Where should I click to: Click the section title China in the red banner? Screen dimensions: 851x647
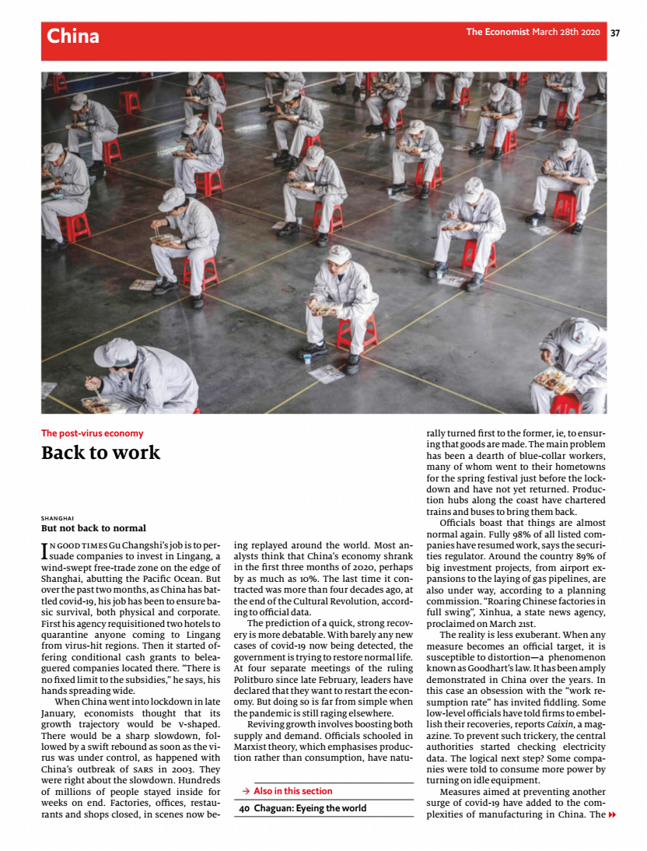73,36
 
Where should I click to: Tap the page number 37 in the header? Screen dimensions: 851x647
615,33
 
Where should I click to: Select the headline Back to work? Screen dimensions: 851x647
100,453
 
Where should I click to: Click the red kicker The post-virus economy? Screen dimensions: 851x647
92,433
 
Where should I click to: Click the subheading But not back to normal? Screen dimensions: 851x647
93,528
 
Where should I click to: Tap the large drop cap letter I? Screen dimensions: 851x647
44,551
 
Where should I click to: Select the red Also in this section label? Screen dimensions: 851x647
292,791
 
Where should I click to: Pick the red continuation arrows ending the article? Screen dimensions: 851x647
612,814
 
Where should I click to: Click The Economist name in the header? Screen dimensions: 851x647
497,33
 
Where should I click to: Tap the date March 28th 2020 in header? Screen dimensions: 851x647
566,33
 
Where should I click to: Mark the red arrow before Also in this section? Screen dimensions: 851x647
245,791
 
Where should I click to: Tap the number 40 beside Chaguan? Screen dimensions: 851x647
243,808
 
